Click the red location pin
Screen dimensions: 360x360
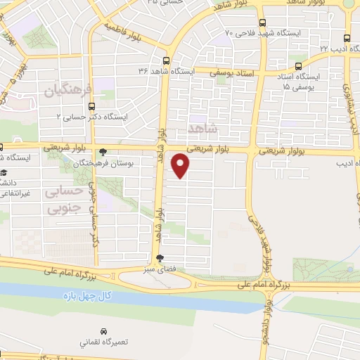click(181, 165)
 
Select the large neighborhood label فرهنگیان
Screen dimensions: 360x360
click(68, 90)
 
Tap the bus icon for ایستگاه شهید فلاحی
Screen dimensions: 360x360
click(262, 22)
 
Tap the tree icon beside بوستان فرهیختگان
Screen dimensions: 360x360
click(103, 150)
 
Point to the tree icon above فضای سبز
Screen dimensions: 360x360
click(160, 257)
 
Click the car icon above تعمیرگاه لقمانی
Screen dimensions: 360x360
click(103, 330)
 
